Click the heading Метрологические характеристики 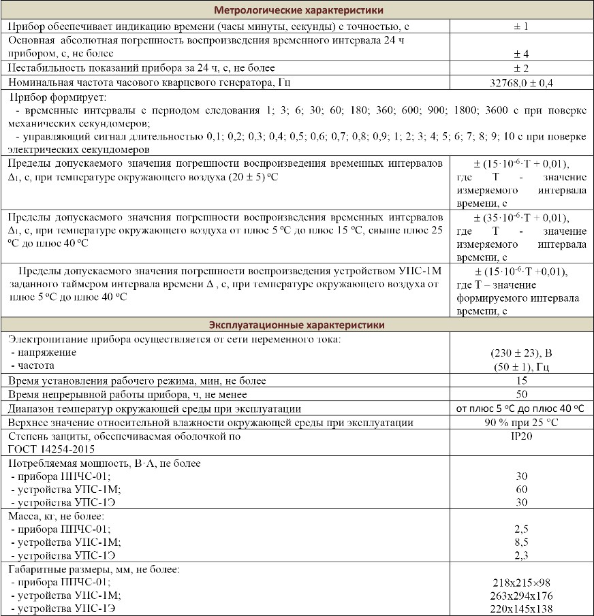[x=298, y=10]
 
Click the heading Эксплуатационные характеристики [x=298, y=325]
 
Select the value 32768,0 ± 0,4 [x=521, y=82]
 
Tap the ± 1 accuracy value [x=521, y=27]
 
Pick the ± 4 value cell [x=521, y=54]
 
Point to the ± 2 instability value [x=521, y=68]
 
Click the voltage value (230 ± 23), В [x=521, y=353]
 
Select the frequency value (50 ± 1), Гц [x=521, y=367]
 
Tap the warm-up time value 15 [x=521, y=380]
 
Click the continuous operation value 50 [x=521, y=395]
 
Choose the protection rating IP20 [x=521, y=436]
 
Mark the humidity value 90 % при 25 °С [x=521, y=423]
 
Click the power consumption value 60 [x=521, y=489]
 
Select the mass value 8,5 [x=521, y=542]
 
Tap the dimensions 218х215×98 [x=521, y=583]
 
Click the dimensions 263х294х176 [x=521, y=596]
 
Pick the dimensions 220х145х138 [x=521, y=609]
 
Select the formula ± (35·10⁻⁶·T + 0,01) [x=521, y=218]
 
